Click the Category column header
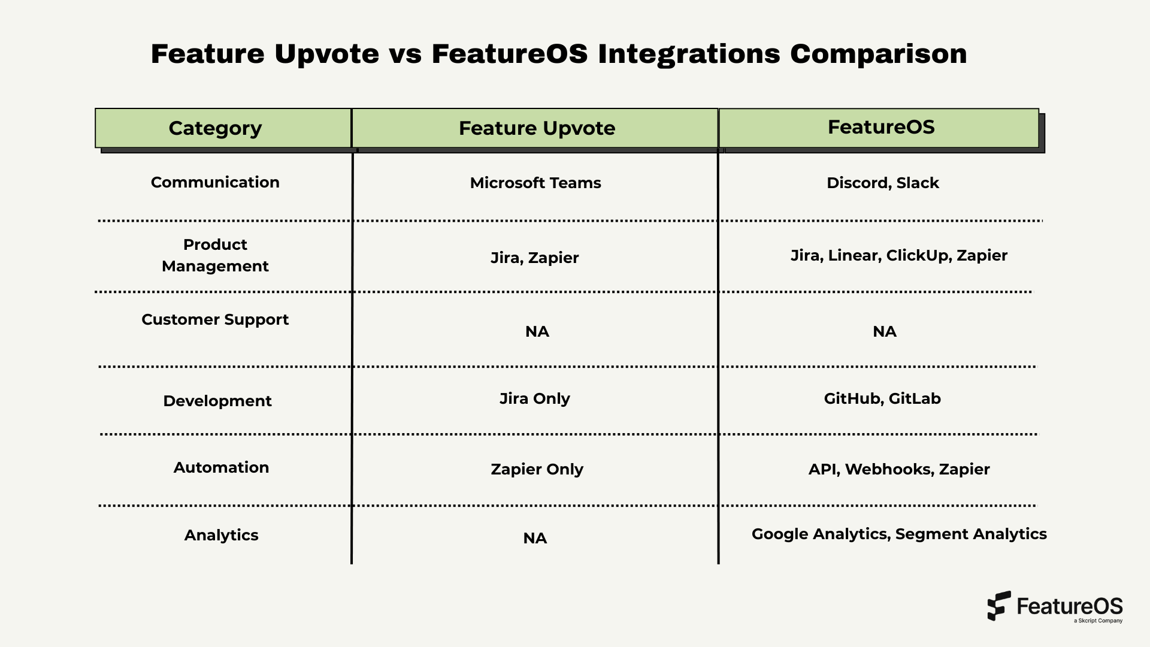[215, 128]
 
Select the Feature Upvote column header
[537, 128]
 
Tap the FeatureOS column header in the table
[881, 127]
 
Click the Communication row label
[215, 182]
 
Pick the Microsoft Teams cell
[535, 183]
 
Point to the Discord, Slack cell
[882, 183]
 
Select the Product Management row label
[215, 255]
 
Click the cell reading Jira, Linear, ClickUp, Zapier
[898, 255]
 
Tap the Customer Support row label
[215, 319]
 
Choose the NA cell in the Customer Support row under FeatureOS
[884, 331]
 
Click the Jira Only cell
[535, 398]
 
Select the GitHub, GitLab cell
[882, 398]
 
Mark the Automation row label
[221, 467]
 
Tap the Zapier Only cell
[537, 469]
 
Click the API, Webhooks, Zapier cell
[898, 469]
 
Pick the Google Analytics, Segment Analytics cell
[898, 534]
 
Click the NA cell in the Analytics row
[535, 538]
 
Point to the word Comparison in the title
[878, 54]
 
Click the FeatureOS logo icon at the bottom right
[998, 606]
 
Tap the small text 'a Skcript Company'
[1098, 621]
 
